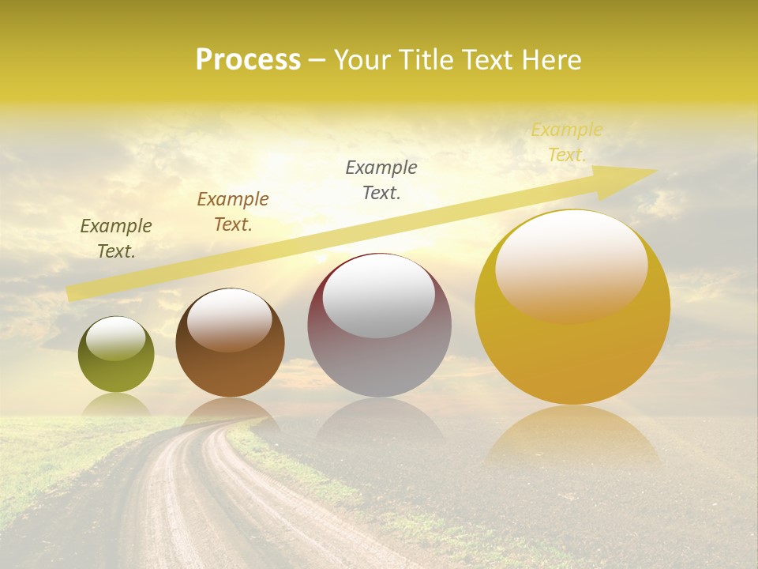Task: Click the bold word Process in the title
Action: pos(248,60)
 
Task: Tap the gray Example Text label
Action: pos(381,180)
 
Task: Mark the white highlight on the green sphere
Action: pos(115,338)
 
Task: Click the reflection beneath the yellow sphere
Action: pos(572,435)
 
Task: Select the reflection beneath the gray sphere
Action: pos(379,419)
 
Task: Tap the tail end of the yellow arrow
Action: pos(75,292)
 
